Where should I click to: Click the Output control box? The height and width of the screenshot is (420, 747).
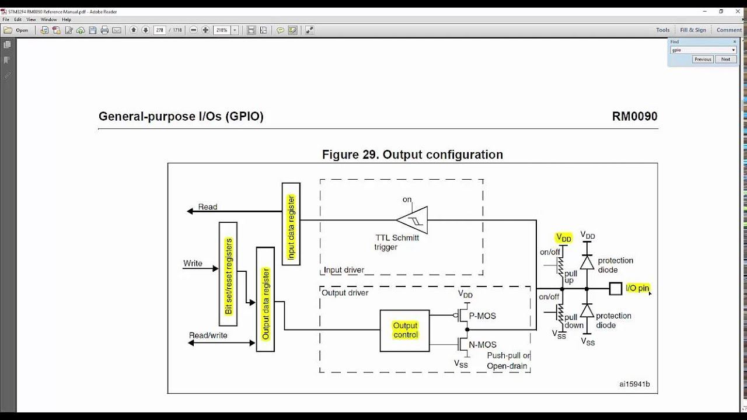tap(405, 330)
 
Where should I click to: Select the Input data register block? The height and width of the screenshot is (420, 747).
tap(291, 223)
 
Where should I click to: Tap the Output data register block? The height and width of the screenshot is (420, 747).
tap(266, 299)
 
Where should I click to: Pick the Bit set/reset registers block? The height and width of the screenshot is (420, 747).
tap(228, 274)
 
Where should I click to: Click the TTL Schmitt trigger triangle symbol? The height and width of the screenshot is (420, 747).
tap(412, 220)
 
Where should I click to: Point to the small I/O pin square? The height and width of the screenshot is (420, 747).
tap(615, 288)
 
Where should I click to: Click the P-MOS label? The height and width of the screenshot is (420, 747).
tap(482, 316)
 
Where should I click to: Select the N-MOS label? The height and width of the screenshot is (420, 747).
tap(483, 344)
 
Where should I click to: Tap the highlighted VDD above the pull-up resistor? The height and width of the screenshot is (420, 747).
tap(563, 237)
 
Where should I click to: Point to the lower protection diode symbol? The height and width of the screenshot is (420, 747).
tap(588, 310)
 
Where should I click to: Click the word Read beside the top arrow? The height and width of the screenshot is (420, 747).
tap(207, 207)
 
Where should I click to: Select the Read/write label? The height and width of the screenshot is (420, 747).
tap(208, 335)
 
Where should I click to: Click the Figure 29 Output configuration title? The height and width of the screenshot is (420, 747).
tap(412, 155)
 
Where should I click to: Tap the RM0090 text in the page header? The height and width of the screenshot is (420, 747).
tap(634, 116)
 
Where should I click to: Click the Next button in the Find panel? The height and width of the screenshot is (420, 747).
tap(725, 59)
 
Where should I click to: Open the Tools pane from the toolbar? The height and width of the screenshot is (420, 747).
tap(662, 30)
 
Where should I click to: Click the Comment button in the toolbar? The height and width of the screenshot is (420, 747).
tap(729, 30)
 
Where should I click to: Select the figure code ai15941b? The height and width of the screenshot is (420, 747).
tap(634, 384)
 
